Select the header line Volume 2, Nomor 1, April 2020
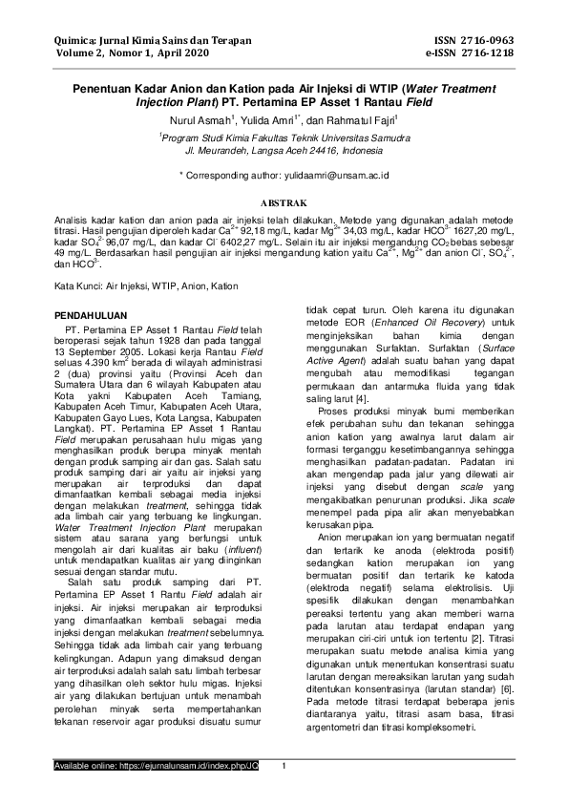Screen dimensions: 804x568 tap(126, 53)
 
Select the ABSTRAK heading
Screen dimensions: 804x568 tap(284, 203)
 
